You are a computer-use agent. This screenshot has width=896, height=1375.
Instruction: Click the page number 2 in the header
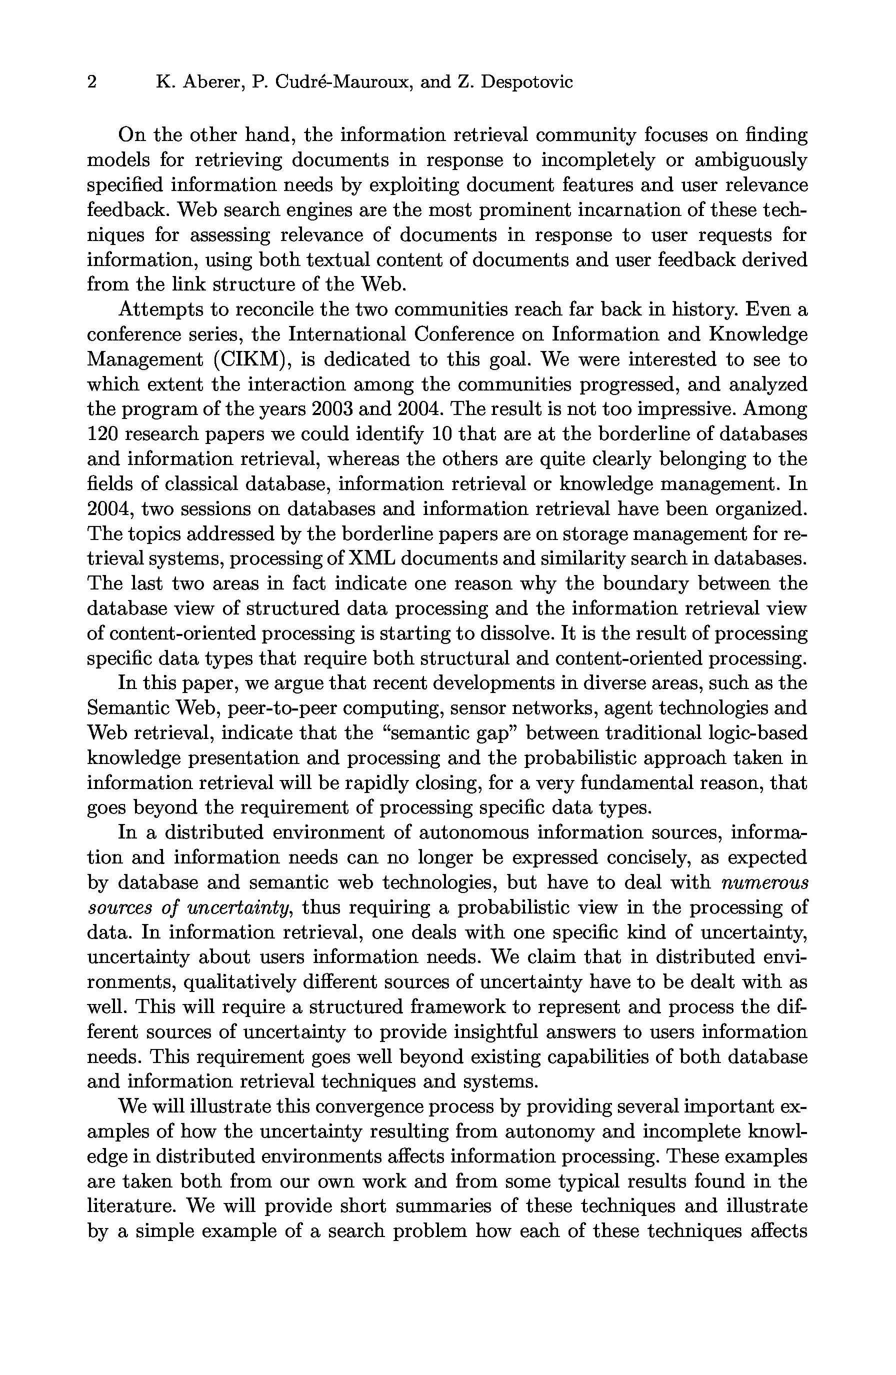[x=92, y=82]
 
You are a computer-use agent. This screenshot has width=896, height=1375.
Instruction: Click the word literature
[x=132, y=1206]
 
